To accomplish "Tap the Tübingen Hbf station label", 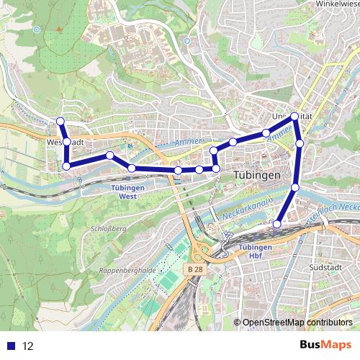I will [253, 251].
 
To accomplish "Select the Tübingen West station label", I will [128, 191].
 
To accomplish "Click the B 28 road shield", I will [191, 269].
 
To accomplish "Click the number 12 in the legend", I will [27, 346].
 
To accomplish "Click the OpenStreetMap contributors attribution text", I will [297, 322].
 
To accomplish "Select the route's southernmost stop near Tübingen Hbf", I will [277, 224].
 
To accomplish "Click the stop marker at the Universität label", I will [295, 116].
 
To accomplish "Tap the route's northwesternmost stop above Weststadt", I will [60, 121].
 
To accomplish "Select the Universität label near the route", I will [284, 115].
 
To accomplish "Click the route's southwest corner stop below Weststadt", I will [66, 166].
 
